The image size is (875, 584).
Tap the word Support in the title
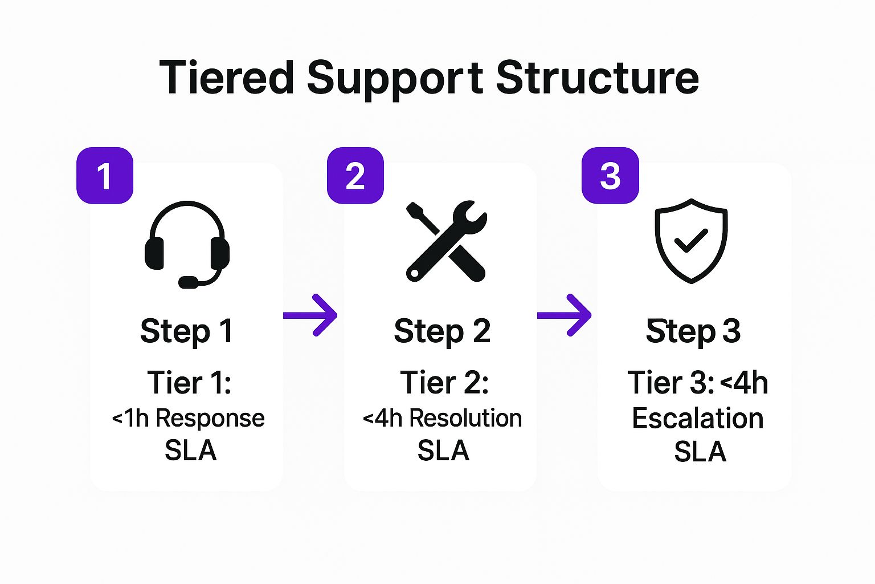(395, 78)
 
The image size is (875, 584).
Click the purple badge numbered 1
(105, 176)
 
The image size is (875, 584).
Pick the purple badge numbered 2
(355, 176)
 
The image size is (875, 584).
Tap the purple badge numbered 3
(610, 176)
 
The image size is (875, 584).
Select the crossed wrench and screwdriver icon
(446, 241)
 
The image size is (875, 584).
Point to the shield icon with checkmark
(691, 241)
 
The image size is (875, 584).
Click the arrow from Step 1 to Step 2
(310, 315)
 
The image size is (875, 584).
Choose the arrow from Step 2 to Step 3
(565, 315)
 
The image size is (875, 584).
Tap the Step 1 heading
(187, 331)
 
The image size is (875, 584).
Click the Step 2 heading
(442, 331)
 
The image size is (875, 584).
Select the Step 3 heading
(693, 331)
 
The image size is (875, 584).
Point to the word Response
(210, 419)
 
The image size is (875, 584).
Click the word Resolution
(465, 419)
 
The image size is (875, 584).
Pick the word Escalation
(698, 419)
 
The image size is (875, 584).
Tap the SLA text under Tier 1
(190, 451)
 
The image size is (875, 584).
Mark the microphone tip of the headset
(188, 282)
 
